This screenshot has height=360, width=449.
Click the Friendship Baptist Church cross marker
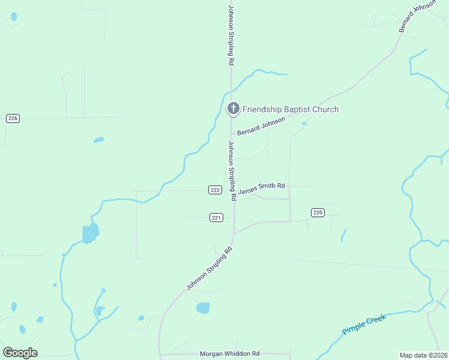[233, 109]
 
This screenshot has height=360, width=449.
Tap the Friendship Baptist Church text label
[291, 109]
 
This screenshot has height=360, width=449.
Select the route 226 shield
[13, 118]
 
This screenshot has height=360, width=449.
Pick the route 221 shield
[217, 217]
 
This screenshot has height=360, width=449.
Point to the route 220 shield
[318, 212]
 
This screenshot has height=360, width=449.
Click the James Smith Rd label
[261, 189]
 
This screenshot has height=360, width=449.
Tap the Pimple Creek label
[364, 324]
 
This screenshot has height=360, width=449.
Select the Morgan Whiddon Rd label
[229, 354]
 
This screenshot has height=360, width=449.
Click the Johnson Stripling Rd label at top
[231, 35]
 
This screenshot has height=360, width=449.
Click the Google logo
[20, 353]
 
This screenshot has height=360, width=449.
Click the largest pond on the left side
[90, 233]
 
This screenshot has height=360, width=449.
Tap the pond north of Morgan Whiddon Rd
[203, 308]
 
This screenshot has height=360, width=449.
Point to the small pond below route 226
[99, 140]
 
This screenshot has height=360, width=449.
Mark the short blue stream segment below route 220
[344, 235]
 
